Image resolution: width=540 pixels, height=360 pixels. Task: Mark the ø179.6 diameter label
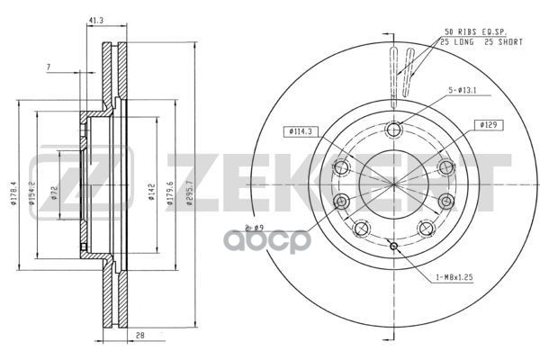pos(171,191)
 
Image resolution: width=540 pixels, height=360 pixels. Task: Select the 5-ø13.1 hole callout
pos(468,90)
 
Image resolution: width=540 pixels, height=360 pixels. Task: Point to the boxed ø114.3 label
pos(302,131)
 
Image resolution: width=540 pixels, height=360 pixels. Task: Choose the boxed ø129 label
pos(489,125)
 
